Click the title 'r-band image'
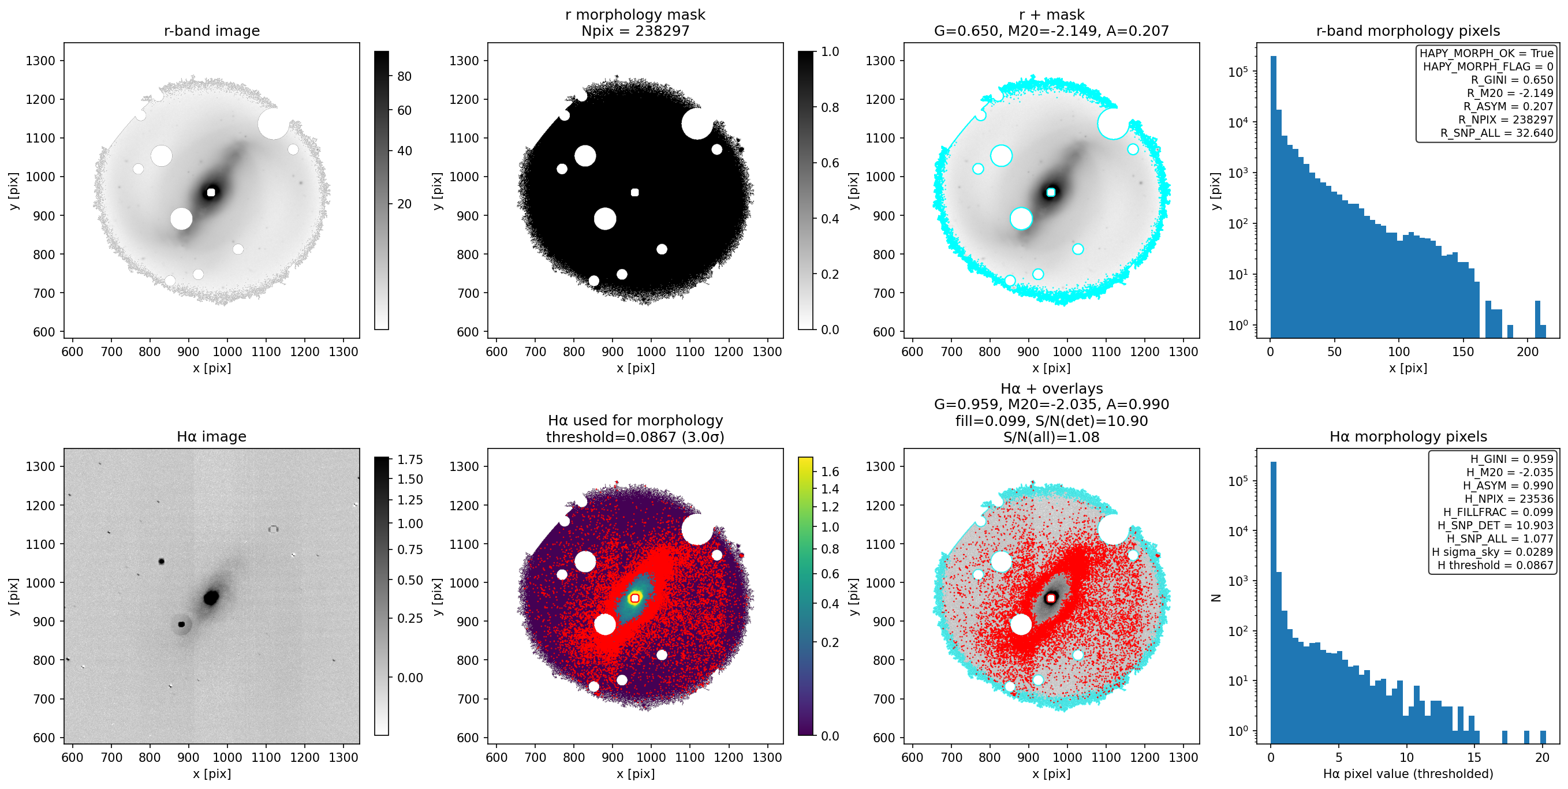click(x=212, y=31)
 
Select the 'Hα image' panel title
click(x=212, y=436)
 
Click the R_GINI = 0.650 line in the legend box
click(x=1512, y=80)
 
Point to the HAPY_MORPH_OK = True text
click(x=1487, y=53)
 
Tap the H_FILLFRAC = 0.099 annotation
click(x=1498, y=512)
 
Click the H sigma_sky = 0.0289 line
click(x=1492, y=552)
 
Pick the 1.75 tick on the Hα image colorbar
click(x=410, y=459)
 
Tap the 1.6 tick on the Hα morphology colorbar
click(x=830, y=472)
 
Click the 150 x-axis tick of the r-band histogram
click(x=1463, y=352)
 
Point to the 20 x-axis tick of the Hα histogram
click(x=1542, y=757)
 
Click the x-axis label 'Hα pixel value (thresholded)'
click(x=1408, y=774)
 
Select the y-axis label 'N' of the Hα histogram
click(x=1216, y=597)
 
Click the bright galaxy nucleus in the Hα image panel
click(x=211, y=597)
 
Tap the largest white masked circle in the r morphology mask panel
click(x=697, y=124)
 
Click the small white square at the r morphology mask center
click(x=635, y=192)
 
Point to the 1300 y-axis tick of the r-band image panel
click(x=40, y=61)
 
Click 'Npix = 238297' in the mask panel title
click(x=635, y=31)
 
